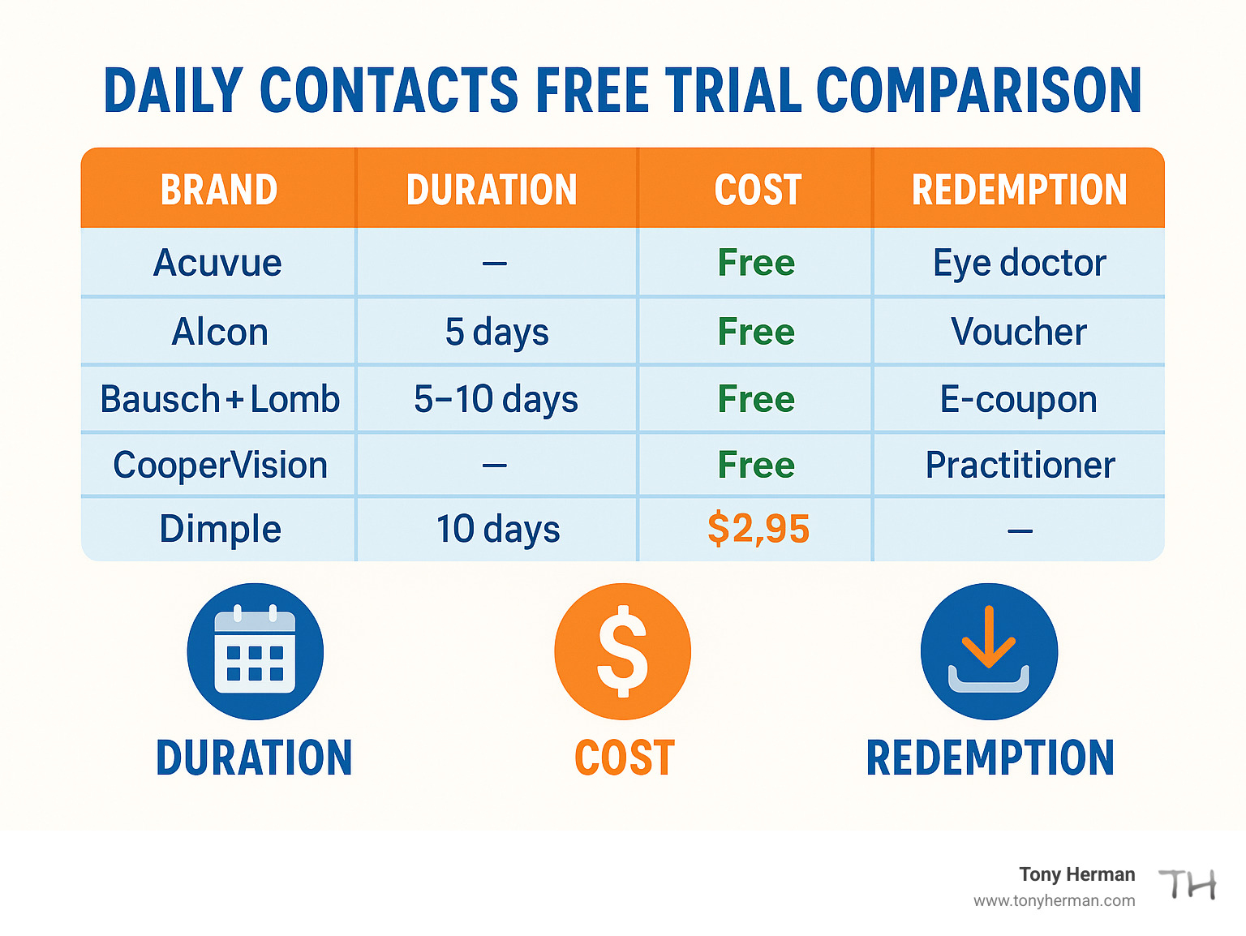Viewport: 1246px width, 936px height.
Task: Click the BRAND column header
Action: [x=219, y=190]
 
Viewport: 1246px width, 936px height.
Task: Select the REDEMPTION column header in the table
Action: [x=1019, y=190]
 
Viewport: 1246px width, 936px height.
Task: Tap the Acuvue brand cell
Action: [x=217, y=263]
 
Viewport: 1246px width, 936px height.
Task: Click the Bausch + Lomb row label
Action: [x=219, y=399]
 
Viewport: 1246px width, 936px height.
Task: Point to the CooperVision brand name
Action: [x=220, y=466]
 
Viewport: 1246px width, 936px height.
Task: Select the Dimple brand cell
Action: [x=220, y=529]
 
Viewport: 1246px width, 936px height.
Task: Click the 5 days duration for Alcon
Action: [x=496, y=332]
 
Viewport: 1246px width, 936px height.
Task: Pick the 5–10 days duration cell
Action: [x=496, y=399]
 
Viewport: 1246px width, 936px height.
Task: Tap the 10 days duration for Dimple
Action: [x=497, y=529]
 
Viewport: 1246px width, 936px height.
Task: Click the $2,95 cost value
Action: [x=758, y=529]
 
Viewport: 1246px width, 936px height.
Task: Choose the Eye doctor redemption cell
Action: [x=1019, y=263]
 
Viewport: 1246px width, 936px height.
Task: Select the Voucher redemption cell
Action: [x=1019, y=332]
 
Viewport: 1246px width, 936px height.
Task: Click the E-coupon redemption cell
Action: [x=1019, y=399]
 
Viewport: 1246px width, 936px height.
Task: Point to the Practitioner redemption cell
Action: [x=1020, y=466]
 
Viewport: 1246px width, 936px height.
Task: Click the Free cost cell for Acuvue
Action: [x=756, y=263]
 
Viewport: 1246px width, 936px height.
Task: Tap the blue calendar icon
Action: [x=255, y=651]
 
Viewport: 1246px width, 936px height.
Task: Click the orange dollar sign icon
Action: [x=622, y=651]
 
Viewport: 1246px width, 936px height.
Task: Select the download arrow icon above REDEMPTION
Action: [x=989, y=651]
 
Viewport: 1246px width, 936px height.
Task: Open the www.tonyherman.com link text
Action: [x=1054, y=901]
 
